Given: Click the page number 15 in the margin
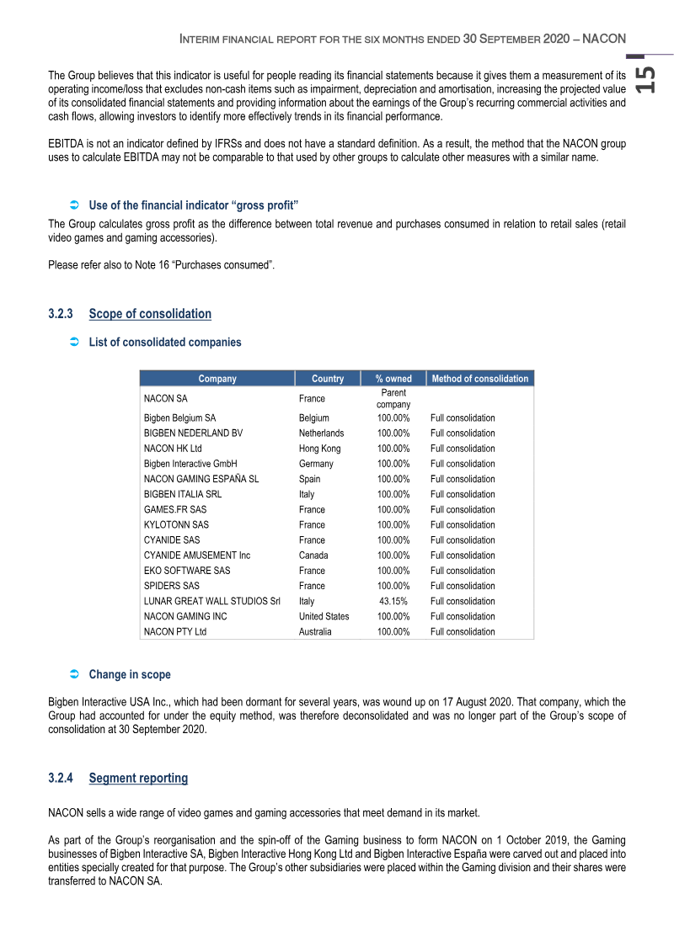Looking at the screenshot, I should click(645, 80).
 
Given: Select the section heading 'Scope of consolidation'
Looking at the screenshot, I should click(150, 314).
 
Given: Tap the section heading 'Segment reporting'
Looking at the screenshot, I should click(138, 778).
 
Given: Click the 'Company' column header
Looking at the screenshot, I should click(217, 379).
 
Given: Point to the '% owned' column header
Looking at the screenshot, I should click(393, 379).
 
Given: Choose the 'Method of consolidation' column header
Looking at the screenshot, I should click(480, 379).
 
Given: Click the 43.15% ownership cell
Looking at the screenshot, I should click(393, 601).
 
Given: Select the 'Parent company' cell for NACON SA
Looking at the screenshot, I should click(393, 399).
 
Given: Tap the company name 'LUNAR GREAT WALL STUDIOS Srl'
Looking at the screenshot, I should click(211, 601).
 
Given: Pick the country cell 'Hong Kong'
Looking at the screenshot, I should click(320, 449).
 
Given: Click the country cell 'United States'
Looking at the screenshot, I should click(324, 616).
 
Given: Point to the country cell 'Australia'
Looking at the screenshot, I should click(315, 631).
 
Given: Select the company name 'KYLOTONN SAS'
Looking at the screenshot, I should click(176, 524).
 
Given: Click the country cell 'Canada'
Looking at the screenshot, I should click(313, 556).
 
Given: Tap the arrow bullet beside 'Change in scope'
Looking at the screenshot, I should click(73, 674).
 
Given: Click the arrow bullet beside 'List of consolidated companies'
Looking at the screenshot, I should click(73, 343).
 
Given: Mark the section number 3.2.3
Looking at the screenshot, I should click(62, 314).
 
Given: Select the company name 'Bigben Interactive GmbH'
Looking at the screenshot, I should click(190, 464).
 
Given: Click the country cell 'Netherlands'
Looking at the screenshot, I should click(321, 433).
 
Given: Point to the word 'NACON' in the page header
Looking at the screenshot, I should click(603, 39).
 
